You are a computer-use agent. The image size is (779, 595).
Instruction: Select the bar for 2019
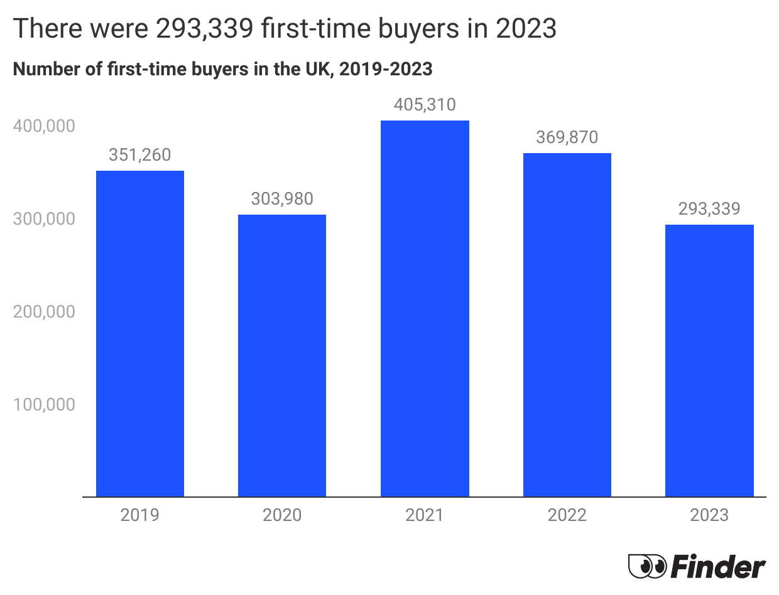pyautogui.click(x=139, y=333)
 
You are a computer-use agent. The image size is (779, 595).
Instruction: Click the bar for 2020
pyautogui.click(x=282, y=355)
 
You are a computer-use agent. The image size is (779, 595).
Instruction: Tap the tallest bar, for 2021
pyautogui.click(x=425, y=308)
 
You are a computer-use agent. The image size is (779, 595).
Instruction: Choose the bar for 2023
pyautogui.click(x=709, y=360)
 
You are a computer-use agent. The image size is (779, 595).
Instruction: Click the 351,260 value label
pyautogui.click(x=139, y=155)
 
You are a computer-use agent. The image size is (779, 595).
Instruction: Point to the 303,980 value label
pyautogui.click(x=282, y=199)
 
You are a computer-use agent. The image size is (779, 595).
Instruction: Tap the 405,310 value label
pyautogui.click(x=425, y=105)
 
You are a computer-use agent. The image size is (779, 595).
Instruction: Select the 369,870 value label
pyautogui.click(x=567, y=137)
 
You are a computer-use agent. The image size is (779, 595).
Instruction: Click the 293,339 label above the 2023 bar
pyautogui.click(x=709, y=209)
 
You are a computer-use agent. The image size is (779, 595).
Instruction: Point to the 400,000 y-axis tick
pyautogui.click(x=43, y=126)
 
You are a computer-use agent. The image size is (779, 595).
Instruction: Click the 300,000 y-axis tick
pyautogui.click(x=43, y=219)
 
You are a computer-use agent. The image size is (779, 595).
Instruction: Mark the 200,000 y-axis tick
pyautogui.click(x=43, y=312)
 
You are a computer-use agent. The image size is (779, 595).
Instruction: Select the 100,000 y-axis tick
pyautogui.click(x=43, y=404)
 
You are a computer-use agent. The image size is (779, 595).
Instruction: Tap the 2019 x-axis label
pyautogui.click(x=139, y=515)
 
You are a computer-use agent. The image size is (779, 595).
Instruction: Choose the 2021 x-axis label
pyautogui.click(x=425, y=515)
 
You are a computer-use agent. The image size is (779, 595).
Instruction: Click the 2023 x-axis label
pyautogui.click(x=709, y=515)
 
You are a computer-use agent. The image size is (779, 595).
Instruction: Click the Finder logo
pyautogui.click(x=697, y=567)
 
